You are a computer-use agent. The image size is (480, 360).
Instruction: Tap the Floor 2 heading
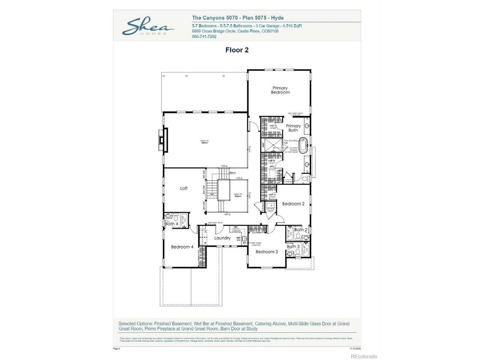(237, 50)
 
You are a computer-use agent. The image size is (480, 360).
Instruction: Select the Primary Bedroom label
(280, 90)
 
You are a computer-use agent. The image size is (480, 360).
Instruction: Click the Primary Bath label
(293, 128)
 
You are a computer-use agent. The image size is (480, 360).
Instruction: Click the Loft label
(184, 188)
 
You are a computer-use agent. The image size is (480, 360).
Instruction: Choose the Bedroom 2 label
(293, 204)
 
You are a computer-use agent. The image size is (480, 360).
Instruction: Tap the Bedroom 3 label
(267, 252)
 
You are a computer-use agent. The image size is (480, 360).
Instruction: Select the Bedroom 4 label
(182, 247)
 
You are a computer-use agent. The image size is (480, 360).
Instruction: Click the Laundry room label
(222, 238)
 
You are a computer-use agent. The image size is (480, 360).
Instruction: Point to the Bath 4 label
(172, 224)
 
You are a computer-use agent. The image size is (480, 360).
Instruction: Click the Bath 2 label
(301, 230)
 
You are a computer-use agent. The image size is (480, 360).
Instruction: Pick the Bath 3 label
(293, 246)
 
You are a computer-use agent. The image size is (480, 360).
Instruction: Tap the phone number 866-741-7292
(204, 37)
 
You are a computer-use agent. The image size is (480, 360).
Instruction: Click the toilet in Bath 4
(168, 216)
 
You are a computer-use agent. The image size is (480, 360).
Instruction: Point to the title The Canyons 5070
(210, 18)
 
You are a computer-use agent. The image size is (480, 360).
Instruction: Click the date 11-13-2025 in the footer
(354, 348)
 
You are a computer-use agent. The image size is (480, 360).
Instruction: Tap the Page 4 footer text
(117, 348)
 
